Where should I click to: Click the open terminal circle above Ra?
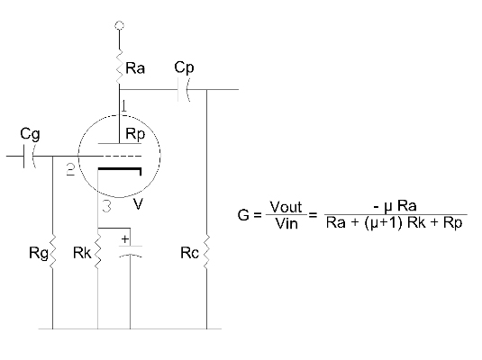tap(119, 25)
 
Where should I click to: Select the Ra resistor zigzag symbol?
tap(119, 67)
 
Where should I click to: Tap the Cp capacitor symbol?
tap(184, 90)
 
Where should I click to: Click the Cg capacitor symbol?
tap(30, 157)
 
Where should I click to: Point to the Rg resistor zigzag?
tap(52, 252)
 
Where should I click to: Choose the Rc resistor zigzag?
tap(206, 252)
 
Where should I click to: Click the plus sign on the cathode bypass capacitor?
tap(125, 239)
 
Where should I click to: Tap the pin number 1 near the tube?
tap(123, 105)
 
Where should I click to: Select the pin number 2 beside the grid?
tap(70, 169)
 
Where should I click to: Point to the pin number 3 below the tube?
tap(106, 206)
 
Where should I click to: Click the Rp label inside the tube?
tap(135, 134)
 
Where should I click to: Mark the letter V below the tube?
tap(138, 203)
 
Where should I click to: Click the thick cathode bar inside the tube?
tap(120, 169)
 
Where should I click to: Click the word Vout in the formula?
tap(286, 207)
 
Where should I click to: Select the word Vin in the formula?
tap(286, 223)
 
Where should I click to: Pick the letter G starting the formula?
tap(243, 214)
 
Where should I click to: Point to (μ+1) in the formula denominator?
tap(383, 222)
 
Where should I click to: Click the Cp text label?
tap(184, 67)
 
